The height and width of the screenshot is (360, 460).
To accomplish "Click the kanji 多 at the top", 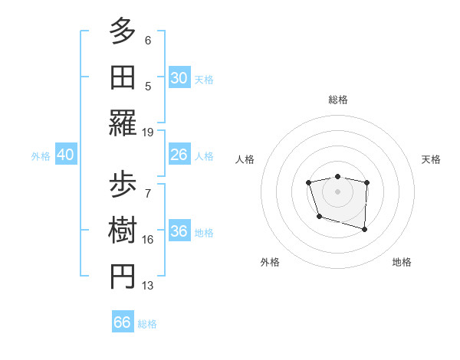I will tap(123, 31).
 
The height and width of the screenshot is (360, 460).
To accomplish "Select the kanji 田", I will tap(123, 77).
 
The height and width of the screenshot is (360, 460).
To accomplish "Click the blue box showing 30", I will tap(179, 78).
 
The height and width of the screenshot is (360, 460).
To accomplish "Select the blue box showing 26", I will tap(179, 155).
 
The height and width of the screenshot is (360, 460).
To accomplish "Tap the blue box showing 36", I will tap(179, 231).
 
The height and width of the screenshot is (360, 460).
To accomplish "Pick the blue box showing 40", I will tap(66, 155).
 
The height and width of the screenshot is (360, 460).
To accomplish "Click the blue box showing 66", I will tap(123, 322).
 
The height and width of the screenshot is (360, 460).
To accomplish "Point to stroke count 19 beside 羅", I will tap(148, 132).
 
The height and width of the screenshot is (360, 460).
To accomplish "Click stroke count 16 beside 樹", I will tap(148, 240).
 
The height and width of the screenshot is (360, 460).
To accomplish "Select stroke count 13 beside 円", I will tap(148, 286).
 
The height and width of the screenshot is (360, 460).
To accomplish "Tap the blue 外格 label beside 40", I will tap(41, 155).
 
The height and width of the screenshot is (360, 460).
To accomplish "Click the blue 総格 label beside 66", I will tap(147, 323).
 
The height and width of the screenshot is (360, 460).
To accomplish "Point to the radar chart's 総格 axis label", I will tap(337, 100).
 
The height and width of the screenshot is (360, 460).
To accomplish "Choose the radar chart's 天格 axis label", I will tap(432, 159).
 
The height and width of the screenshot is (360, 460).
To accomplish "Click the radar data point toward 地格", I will tap(364, 229).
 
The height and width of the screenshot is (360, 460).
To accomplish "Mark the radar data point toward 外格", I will tap(319, 217).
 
